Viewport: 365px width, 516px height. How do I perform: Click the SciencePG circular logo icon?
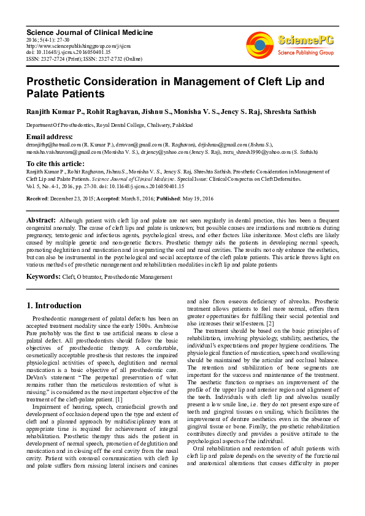[x=260, y=45]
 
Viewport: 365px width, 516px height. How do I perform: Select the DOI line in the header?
[x=63, y=52]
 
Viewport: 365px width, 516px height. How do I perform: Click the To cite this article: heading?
[x=55, y=164]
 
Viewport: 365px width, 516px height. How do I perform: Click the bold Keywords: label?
[x=43, y=277]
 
